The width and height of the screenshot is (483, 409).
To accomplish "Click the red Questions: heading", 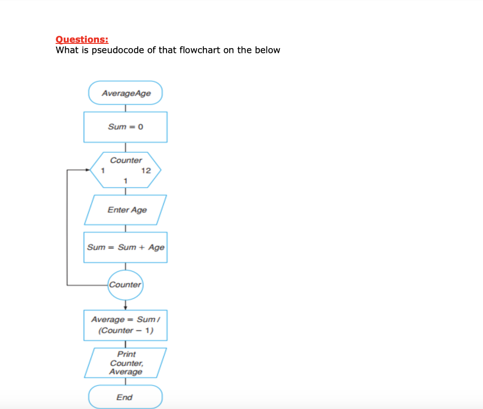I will coord(82,39).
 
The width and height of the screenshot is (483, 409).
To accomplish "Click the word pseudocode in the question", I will coord(121,50).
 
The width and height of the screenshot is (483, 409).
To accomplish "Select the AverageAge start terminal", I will coord(125,93).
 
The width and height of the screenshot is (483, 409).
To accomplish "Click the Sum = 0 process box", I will coord(125,127).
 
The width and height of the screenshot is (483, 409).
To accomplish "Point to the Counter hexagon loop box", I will coord(125,169).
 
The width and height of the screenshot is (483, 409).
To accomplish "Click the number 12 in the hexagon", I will coord(146,171).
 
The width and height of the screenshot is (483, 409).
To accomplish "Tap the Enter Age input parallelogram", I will coord(126,210).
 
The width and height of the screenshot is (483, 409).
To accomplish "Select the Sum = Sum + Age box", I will coord(125,247).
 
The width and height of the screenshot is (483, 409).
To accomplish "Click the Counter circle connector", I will coord(125,285).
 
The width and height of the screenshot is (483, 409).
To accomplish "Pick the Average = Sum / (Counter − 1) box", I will coord(125,325).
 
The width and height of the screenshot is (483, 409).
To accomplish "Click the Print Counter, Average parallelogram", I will coord(125,363).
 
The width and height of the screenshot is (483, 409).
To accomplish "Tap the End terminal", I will coord(125,397).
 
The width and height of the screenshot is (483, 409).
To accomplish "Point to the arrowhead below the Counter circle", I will coord(125,307).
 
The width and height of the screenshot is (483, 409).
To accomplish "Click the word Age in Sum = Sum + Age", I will coord(157,247).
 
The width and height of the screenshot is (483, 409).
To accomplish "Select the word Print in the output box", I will coord(126,354).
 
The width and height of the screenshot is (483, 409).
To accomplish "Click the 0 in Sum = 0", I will coord(141,127).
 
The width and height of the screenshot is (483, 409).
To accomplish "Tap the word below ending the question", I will coord(267,50).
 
